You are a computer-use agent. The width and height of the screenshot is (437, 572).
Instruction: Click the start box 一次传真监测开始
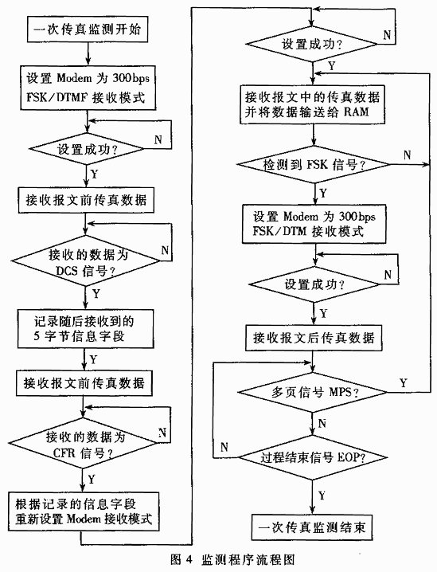coord(88,29)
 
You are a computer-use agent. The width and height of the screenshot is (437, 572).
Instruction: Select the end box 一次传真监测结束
coord(312,527)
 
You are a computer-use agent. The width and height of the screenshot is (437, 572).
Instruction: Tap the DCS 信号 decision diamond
coord(86,261)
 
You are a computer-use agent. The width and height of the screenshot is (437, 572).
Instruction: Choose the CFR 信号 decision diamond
coord(82,443)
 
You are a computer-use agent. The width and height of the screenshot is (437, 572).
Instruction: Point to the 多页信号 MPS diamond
coord(312,393)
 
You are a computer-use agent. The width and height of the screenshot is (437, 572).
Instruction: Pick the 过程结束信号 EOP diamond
coord(312,457)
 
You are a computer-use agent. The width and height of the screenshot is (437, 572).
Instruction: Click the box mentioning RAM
coord(312,104)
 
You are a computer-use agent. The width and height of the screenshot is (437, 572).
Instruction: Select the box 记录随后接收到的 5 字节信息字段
coord(86,329)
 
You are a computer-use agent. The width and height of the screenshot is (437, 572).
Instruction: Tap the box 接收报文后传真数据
coord(314,338)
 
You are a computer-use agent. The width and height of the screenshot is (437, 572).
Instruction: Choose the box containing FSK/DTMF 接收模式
coord(88,88)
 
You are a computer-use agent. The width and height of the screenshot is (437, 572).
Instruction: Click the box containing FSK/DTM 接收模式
coord(314,224)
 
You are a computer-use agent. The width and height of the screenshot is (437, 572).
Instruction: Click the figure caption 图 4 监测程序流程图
coord(232,559)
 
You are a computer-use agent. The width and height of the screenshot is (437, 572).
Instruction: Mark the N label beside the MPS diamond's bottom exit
coord(322,424)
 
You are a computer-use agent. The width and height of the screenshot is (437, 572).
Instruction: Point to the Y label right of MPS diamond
coord(403,382)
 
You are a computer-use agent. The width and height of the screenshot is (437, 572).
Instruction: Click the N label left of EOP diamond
coord(224,446)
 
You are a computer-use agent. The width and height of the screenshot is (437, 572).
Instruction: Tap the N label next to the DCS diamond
coord(165,250)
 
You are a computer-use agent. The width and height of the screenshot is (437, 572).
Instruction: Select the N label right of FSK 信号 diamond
coord(407,155)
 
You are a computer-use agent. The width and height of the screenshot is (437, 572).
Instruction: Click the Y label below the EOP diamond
coord(322,496)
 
